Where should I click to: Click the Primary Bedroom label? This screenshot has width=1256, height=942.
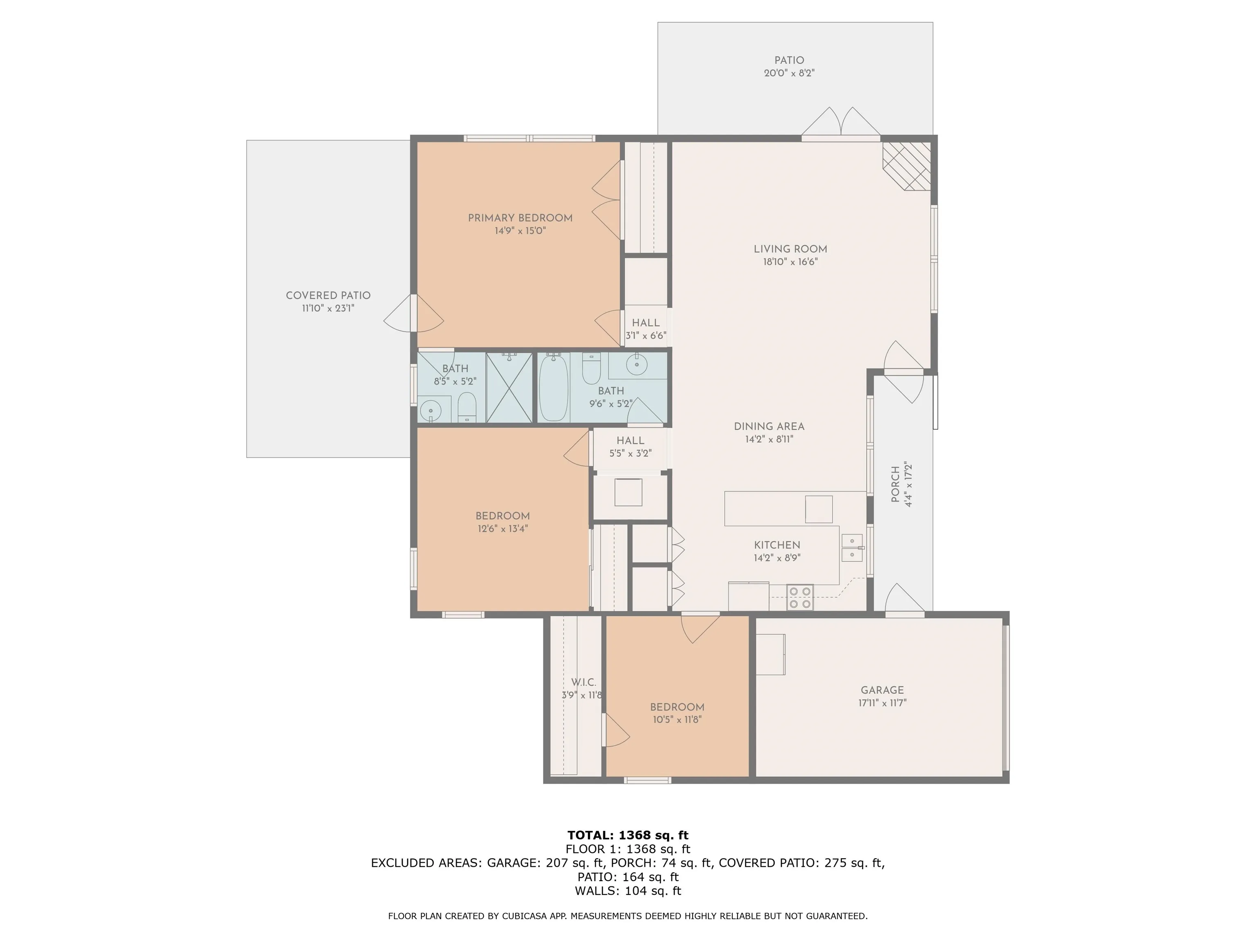click(520, 218)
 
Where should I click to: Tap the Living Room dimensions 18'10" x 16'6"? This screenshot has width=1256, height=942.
click(790, 262)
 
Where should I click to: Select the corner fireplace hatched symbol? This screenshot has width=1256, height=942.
click(907, 166)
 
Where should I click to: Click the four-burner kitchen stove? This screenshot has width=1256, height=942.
click(800, 598)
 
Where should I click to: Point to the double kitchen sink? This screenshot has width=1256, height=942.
click(852, 547)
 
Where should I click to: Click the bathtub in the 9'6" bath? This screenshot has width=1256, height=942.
click(554, 388)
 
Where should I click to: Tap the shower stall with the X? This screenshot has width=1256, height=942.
click(509, 388)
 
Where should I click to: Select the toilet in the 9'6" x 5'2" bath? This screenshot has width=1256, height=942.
click(591, 369)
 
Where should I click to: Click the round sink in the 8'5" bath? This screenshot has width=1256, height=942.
click(431, 409)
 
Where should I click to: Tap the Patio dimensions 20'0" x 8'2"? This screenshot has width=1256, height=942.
click(789, 73)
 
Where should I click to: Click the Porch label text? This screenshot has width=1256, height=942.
click(895, 484)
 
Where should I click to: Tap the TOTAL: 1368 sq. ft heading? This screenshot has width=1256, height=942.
click(628, 835)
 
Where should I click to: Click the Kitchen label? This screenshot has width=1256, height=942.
click(777, 545)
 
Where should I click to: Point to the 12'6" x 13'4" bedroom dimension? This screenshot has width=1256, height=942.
click(503, 529)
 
